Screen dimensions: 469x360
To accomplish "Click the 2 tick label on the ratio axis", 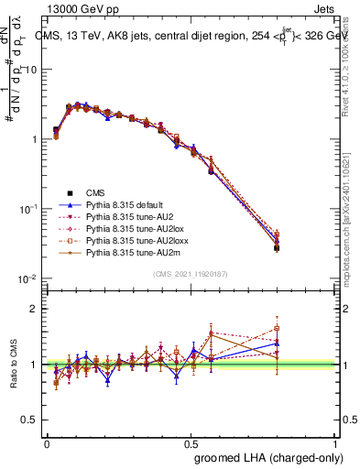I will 34,309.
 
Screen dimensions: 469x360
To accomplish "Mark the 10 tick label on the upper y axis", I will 31,71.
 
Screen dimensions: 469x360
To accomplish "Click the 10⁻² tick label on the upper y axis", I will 30,278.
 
